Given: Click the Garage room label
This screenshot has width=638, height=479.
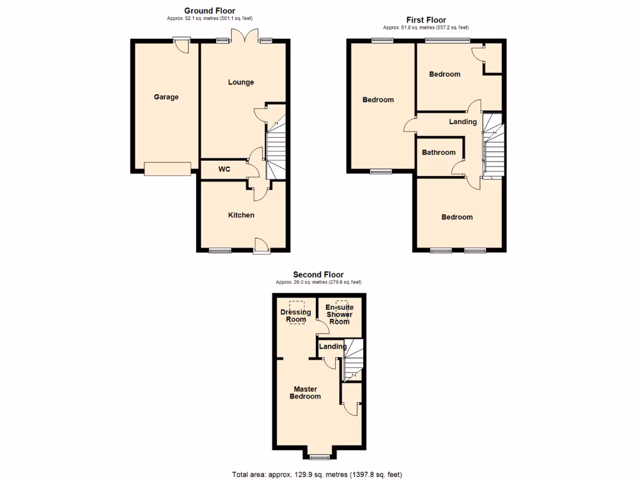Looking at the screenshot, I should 166,97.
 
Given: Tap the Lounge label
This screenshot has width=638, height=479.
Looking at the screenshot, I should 240,82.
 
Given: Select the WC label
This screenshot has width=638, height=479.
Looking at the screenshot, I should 224,169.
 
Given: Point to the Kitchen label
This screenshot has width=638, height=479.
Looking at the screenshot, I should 241,215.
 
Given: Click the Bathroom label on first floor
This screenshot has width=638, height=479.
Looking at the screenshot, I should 439,152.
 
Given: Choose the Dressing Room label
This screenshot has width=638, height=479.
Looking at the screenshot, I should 296,316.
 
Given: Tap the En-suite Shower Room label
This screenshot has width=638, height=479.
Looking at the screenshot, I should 340,314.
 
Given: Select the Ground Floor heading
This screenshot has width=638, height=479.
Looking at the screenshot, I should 209,11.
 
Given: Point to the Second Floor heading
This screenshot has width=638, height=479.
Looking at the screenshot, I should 318,274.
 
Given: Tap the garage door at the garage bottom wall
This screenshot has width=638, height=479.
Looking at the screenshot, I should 167,168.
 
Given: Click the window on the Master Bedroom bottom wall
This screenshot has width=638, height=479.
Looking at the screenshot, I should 321,457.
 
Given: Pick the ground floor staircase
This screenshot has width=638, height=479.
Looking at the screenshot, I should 276,148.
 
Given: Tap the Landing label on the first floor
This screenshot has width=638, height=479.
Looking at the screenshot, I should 463,122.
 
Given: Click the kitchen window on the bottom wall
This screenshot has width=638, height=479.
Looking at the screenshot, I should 219,251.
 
